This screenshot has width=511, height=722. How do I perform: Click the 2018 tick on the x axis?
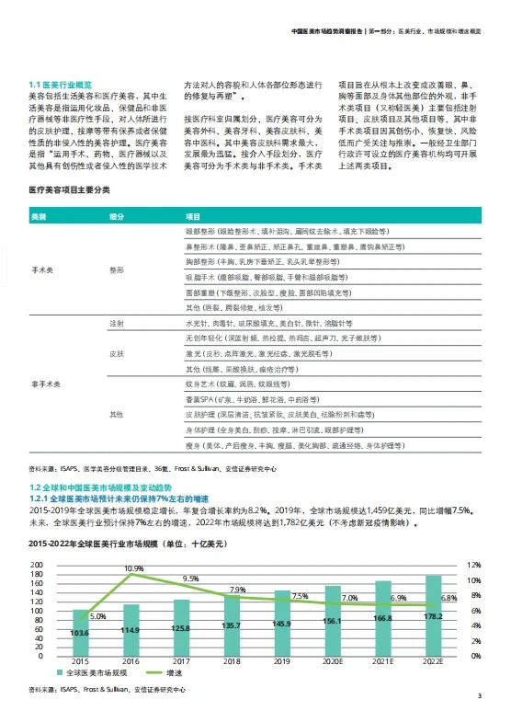(x=232, y=661)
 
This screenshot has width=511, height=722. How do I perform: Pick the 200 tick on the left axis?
(x=38, y=566)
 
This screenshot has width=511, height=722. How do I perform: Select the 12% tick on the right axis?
(x=474, y=566)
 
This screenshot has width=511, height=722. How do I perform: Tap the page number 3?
(x=479, y=695)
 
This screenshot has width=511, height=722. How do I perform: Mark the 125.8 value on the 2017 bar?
(x=181, y=628)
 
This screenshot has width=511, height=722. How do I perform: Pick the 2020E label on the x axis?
(x=332, y=661)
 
